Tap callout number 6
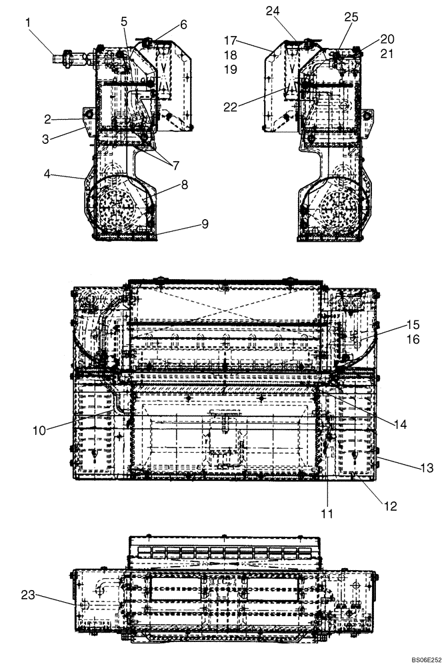tap(183, 25)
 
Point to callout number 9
tap(205, 224)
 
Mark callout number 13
tap(426, 468)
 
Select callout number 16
tap(413, 340)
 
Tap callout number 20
tap(387, 39)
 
